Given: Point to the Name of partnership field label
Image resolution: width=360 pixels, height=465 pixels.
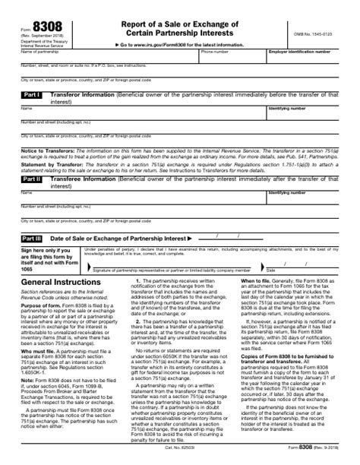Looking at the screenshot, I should tap(37, 52).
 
